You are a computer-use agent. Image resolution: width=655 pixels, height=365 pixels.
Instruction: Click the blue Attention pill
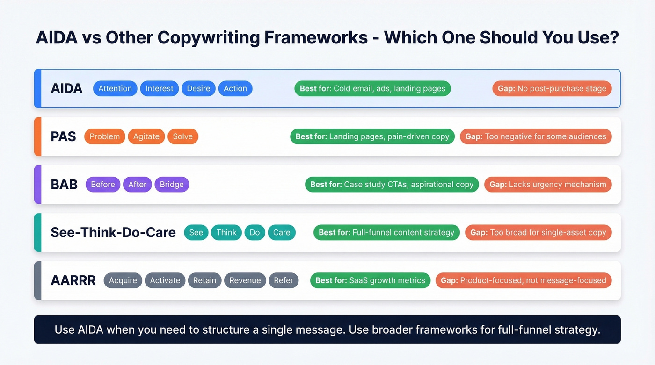(115, 88)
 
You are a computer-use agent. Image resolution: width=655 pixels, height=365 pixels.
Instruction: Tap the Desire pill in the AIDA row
(198, 88)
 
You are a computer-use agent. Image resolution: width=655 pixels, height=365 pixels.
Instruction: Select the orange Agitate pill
(146, 136)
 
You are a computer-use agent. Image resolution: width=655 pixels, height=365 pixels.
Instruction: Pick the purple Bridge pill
(172, 185)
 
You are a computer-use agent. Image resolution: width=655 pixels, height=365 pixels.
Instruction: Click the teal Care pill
(282, 233)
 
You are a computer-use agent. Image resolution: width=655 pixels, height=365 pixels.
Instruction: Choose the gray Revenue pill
(245, 280)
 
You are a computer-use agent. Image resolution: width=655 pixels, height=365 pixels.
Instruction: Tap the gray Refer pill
(284, 280)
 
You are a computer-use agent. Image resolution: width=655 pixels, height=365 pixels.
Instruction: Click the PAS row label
(63, 136)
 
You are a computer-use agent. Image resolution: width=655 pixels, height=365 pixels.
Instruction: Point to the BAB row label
(64, 185)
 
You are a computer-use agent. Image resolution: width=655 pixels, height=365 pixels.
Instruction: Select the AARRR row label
(73, 280)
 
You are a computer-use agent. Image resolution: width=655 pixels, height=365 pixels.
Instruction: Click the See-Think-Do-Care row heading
(113, 233)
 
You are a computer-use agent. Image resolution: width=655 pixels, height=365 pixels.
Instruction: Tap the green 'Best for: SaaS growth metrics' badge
(370, 280)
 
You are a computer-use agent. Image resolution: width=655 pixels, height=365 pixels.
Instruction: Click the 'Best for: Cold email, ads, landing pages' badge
(372, 88)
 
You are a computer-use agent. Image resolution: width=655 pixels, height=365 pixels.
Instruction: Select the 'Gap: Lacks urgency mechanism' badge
(548, 185)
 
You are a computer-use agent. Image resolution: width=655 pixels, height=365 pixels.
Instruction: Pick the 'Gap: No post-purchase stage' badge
(552, 88)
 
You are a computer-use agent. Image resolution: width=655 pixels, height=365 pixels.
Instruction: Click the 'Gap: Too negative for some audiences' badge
(536, 136)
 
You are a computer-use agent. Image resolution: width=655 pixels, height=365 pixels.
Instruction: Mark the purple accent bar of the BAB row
(38, 185)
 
